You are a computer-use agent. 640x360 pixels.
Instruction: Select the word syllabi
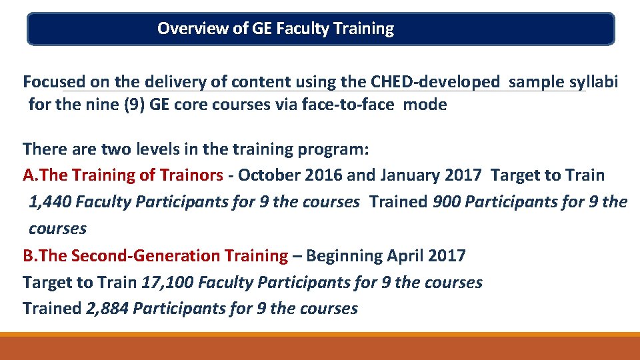tap(593, 82)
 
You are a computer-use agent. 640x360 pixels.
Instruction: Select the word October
tap(269, 175)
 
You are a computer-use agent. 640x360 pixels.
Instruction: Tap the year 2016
tap(323, 175)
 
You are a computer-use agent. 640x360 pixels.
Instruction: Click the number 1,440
tap(51, 202)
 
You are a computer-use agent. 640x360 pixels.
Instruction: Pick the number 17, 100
tap(167, 282)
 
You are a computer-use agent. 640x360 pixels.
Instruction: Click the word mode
tap(425, 105)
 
